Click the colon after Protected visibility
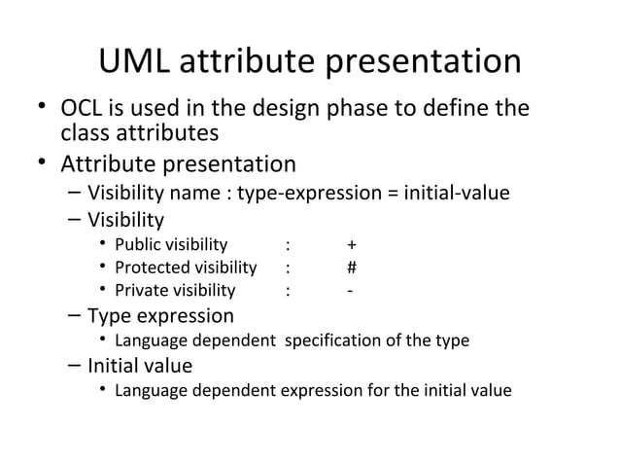click(288, 268)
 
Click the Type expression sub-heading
click(160, 316)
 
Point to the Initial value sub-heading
click(140, 366)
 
